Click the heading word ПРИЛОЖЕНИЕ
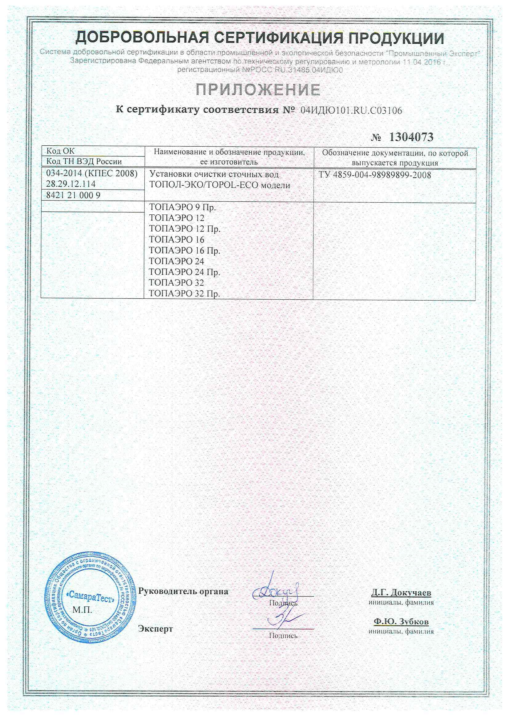coord(258,90)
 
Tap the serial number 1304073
coord(411,137)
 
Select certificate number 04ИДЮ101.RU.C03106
coord(351,110)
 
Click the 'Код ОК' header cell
coord(61,151)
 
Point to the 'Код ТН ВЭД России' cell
coord(84,161)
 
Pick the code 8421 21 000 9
coord(73,195)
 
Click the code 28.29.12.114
coord(71,184)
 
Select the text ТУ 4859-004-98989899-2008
coord(375,175)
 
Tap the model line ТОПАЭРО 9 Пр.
coord(182,207)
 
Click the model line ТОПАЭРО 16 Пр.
coord(184,251)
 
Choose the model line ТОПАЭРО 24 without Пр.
coord(176,261)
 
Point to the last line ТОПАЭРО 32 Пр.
coord(184,293)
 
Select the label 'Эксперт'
coord(156,629)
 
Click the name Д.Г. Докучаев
coord(401,593)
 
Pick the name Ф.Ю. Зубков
coord(401,621)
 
